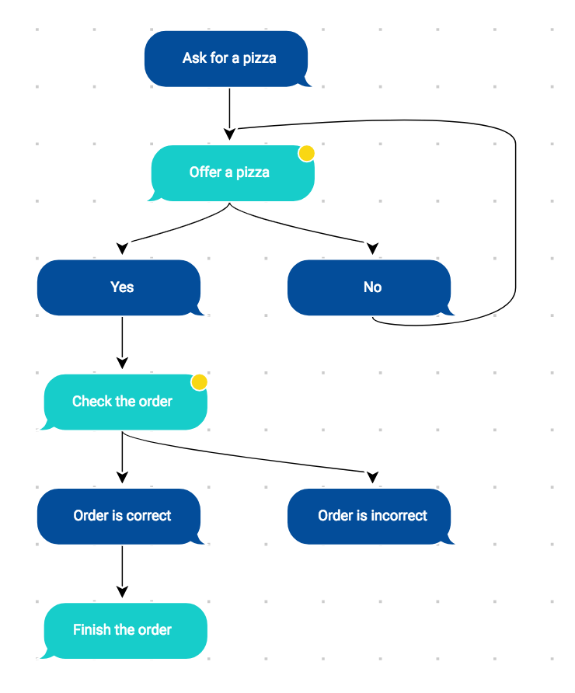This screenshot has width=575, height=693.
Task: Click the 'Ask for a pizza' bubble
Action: click(x=226, y=58)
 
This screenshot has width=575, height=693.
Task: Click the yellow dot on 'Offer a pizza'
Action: click(x=307, y=153)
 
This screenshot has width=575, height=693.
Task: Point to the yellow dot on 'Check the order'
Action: click(x=200, y=382)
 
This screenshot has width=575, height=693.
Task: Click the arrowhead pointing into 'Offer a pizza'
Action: click(x=229, y=134)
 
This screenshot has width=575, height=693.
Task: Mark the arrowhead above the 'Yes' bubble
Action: click(x=122, y=248)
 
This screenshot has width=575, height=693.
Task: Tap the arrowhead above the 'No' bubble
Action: click(x=372, y=248)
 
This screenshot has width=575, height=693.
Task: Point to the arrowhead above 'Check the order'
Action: click(x=122, y=362)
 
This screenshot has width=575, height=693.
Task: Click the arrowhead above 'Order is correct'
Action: click(x=122, y=476)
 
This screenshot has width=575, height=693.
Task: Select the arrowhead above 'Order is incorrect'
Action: click(x=372, y=476)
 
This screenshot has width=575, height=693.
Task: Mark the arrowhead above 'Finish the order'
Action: click(x=122, y=591)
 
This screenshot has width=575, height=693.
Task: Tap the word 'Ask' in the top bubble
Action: click(x=194, y=58)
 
